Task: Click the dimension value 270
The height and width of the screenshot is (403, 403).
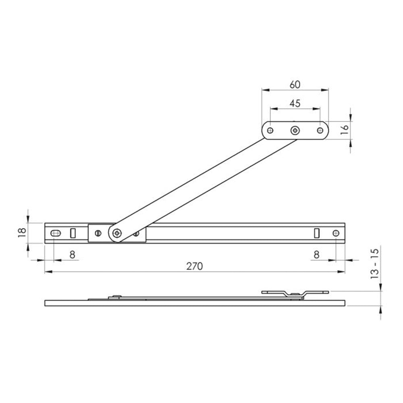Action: (195, 266)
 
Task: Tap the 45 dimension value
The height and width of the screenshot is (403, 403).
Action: (295, 103)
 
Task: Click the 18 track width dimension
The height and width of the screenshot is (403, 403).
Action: (22, 233)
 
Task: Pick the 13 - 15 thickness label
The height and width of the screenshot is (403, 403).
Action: (375, 265)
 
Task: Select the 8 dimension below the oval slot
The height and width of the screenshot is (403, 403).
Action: (72, 254)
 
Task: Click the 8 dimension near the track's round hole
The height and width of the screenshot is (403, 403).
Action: (316, 254)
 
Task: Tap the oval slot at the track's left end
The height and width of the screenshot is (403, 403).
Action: (56, 233)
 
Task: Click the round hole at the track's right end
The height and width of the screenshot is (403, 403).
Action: (337, 233)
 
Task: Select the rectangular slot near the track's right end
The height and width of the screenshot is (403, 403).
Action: (317, 233)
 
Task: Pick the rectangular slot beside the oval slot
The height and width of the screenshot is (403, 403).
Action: (73, 233)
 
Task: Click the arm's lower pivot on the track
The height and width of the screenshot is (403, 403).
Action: (117, 233)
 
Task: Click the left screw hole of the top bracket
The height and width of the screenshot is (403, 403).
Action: (270, 130)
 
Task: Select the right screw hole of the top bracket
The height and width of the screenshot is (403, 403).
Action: (320, 130)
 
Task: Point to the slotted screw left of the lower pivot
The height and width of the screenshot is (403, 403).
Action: (97, 233)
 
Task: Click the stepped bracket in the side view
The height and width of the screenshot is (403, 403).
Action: (295, 294)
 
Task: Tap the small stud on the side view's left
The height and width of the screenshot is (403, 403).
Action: (116, 297)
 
